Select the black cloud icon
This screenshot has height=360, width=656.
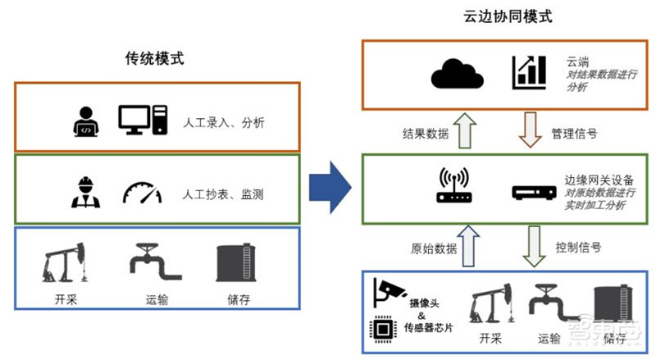(x=458, y=75)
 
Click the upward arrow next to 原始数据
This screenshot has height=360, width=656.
(x=470, y=245)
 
